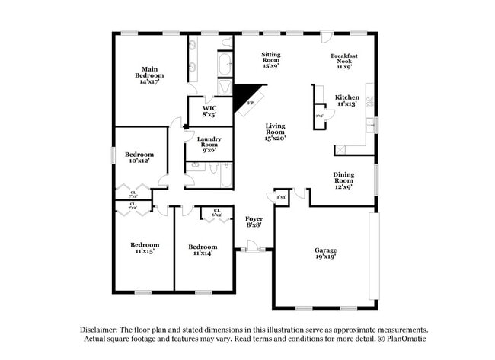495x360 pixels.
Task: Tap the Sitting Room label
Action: (x=271, y=59)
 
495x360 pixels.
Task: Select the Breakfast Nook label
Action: (x=344, y=61)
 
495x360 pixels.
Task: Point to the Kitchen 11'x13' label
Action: (x=347, y=100)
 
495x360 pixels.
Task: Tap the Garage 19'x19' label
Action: (x=325, y=253)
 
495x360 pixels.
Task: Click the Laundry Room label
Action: (x=209, y=144)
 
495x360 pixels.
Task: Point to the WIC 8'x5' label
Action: (x=209, y=111)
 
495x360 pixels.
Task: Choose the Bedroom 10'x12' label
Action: (x=139, y=157)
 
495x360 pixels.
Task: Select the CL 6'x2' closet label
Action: (x=217, y=213)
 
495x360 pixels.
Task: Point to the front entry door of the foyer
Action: (x=252, y=247)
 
